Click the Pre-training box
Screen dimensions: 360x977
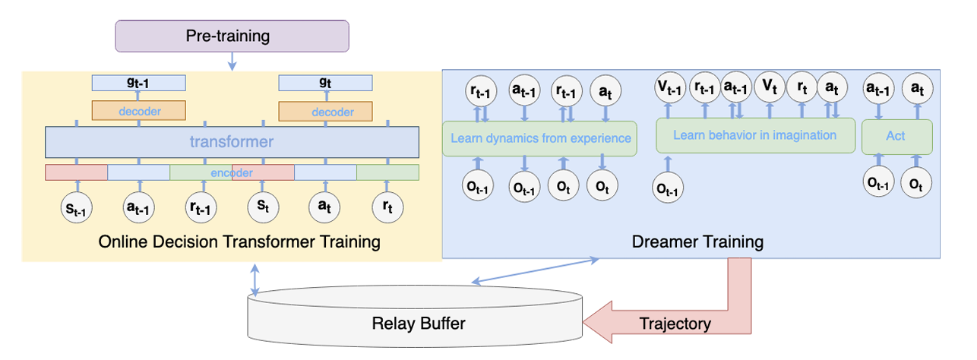tap(232, 36)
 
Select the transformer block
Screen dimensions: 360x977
tap(232, 141)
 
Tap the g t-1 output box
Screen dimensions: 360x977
tap(138, 82)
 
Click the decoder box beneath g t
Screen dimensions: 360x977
tap(326, 111)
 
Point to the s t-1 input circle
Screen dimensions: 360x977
tap(76, 207)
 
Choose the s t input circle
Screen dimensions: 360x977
tap(263, 207)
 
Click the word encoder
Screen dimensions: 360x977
tap(231, 172)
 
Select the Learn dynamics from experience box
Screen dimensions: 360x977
tap(539, 138)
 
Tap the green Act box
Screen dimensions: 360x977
tap(896, 137)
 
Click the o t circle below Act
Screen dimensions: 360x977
tap(917, 183)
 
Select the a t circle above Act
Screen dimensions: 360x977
tap(917, 90)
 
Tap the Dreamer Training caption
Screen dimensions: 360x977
tap(697, 242)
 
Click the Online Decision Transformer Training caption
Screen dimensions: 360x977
tap(239, 242)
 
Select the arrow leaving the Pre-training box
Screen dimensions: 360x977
tap(232, 61)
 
